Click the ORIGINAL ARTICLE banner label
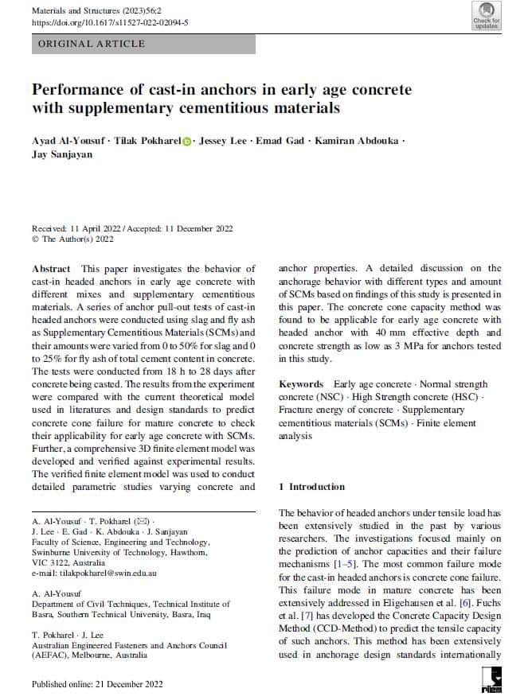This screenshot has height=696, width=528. (92, 44)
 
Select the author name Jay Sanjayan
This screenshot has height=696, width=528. (62, 154)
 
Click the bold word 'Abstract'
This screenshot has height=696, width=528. (52, 269)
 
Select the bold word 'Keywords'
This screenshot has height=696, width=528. (301, 384)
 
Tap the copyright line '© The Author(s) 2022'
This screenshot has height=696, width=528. (72, 239)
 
